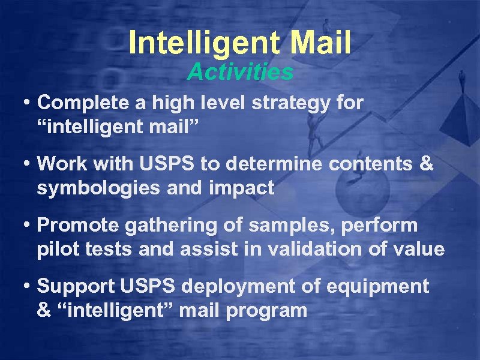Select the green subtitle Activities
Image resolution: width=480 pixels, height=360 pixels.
pyautogui.click(x=240, y=73)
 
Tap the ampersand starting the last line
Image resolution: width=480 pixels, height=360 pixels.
pyautogui.click(x=43, y=310)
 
